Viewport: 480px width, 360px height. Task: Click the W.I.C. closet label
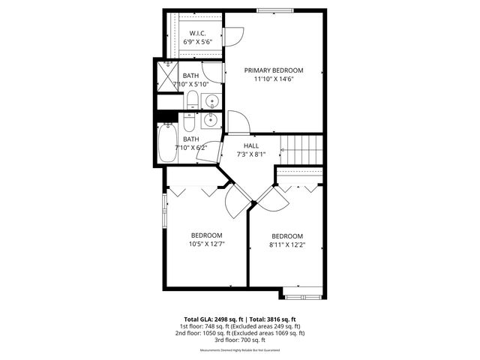(198, 33)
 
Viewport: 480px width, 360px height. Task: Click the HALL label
(251, 146)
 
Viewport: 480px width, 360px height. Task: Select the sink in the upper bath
(211, 100)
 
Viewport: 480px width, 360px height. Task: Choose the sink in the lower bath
(210, 119)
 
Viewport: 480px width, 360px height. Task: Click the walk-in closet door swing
(235, 36)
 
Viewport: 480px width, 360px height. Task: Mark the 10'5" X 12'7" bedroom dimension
(206, 243)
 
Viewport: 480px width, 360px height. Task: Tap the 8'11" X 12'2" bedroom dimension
(287, 244)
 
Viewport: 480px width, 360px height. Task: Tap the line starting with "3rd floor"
(239, 340)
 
